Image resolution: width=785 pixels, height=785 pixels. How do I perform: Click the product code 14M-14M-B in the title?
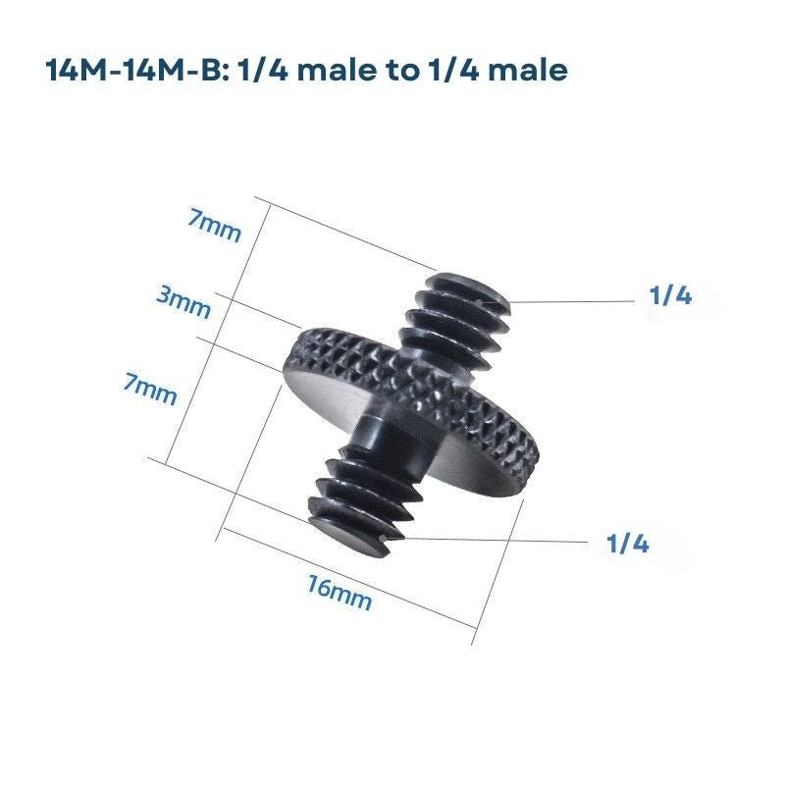[134, 70]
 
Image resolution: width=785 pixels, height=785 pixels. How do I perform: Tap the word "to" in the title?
[402, 71]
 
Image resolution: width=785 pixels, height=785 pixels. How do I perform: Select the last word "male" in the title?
[528, 70]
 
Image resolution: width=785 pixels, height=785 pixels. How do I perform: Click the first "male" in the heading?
[337, 70]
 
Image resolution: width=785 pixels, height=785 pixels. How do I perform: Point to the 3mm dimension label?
[183, 301]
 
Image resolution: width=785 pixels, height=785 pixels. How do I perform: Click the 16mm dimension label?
[340, 593]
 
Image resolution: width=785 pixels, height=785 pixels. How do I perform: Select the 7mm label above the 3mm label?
[215, 226]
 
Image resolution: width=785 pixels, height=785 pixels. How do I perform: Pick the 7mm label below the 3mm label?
[150, 389]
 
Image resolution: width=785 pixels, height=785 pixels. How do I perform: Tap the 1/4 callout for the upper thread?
[670, 295]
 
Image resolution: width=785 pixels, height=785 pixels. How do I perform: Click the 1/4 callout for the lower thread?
[627, 543]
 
